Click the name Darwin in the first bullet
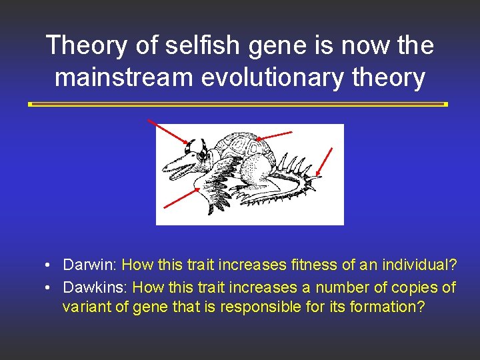point(89,265)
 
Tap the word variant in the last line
point(85,307)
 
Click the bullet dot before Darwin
point(49,266)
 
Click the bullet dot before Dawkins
point(49,289)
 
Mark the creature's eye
point(201,155)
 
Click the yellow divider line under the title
point(238,105)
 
